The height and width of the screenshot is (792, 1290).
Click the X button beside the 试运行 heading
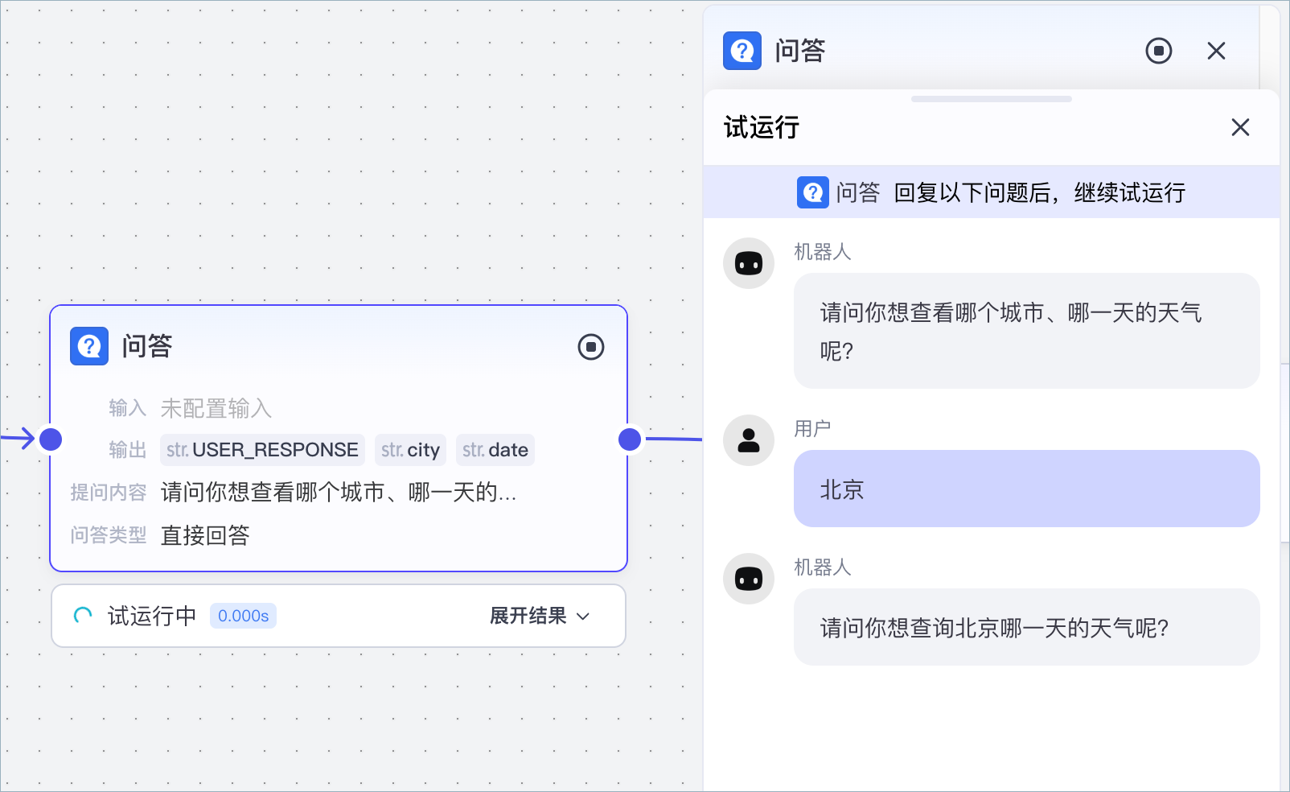coord(1239,127)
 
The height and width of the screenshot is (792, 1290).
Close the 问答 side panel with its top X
coord(1216,51)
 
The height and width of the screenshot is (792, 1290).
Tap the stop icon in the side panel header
coord(1158,51)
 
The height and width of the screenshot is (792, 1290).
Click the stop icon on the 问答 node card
coord(591,347)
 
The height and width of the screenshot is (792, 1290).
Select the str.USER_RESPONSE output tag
coord(262,450)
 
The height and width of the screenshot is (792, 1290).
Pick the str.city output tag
coord(410,450)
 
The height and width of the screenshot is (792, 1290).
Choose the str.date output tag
coord(495,450)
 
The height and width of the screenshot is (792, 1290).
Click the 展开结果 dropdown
coord(540,616)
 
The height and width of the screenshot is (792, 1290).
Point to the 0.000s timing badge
coord(243,616)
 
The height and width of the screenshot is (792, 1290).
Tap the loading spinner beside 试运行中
coord(83,616)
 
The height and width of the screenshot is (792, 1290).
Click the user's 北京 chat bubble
coord(1025,489)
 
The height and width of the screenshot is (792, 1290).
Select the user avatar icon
coord(749,440)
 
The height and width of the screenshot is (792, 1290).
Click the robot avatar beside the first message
coord(749,263)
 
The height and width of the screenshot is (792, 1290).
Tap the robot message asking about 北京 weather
coord(1025,627)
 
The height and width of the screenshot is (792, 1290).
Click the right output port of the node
coord(630,439)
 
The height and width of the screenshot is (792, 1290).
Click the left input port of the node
coord(51,439)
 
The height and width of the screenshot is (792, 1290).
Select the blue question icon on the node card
coord(89,346)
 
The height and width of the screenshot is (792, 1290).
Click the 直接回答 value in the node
coord(205,535)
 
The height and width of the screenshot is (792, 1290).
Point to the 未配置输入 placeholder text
coord(216,409)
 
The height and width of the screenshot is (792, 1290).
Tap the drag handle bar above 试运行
coord(991,99)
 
